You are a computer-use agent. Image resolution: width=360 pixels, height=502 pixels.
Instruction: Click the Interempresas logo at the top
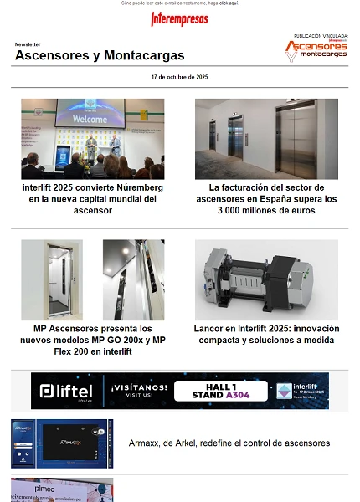click(180, 19)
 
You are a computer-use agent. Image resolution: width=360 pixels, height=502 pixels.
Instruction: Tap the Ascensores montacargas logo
click(316, 49)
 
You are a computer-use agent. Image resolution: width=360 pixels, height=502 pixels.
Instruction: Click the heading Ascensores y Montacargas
click(100, 55)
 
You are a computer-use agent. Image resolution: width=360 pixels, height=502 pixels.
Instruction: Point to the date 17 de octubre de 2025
click(179, 77)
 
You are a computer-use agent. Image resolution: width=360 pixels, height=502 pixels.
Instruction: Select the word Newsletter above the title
click(28, 44)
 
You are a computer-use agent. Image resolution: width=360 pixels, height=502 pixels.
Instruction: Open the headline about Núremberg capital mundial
click(92, 199)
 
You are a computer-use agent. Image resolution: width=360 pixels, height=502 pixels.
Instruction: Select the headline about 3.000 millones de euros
click(266, 199)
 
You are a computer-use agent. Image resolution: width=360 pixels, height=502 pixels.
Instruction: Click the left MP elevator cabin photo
click(52, 279)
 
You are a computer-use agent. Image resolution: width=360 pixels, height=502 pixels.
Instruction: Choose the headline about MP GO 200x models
click(92, 341)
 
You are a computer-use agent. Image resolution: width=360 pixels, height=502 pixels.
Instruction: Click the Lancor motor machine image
click(266, 279)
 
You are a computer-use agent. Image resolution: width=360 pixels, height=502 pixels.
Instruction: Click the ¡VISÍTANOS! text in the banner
click(136, 387)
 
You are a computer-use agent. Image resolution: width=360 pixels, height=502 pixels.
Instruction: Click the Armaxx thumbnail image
click(62, 443)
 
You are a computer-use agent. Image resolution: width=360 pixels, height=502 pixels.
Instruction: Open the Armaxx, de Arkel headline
click(229, 443)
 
